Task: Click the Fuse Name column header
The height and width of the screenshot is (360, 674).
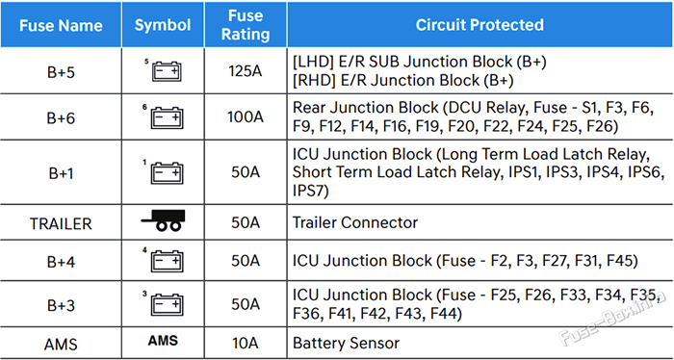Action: [x=61, y=25]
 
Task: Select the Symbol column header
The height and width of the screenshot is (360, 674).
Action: [x=163, y=25]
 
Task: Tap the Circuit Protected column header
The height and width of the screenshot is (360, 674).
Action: [x=480, y=25]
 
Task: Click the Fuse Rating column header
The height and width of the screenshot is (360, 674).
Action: [x=246, y=25]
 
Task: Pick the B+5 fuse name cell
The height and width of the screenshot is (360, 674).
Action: [x=61, y=72]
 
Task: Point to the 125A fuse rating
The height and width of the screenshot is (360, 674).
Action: [x=245, y=72]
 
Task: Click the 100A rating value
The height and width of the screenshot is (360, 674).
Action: [x=245, y=116]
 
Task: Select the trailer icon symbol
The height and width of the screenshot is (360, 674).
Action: [x=163, y=220]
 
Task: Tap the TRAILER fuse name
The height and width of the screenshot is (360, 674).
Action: [x=61, y=223]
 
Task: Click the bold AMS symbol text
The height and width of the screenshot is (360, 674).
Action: [x=163, y=341]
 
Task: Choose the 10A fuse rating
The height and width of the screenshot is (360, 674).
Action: [x=245, y=344]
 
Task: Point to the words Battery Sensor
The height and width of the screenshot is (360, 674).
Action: [x=346, y=344]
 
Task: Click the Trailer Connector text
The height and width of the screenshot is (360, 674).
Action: [x=355, y=222]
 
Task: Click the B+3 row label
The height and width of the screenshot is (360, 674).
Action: [x=61, y=305]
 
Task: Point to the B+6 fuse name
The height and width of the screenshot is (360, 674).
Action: [x=61, y=117]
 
